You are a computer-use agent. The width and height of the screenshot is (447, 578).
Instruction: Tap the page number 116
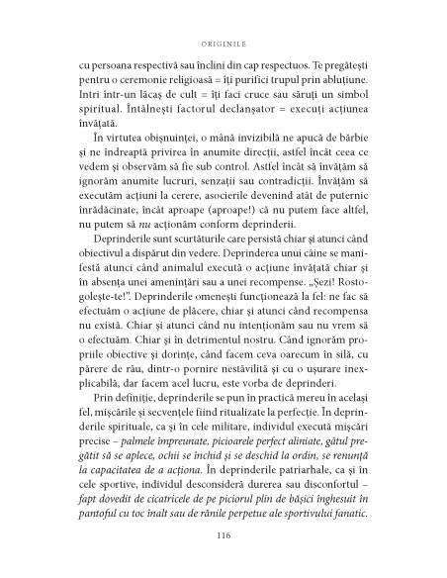coord(223,535)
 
